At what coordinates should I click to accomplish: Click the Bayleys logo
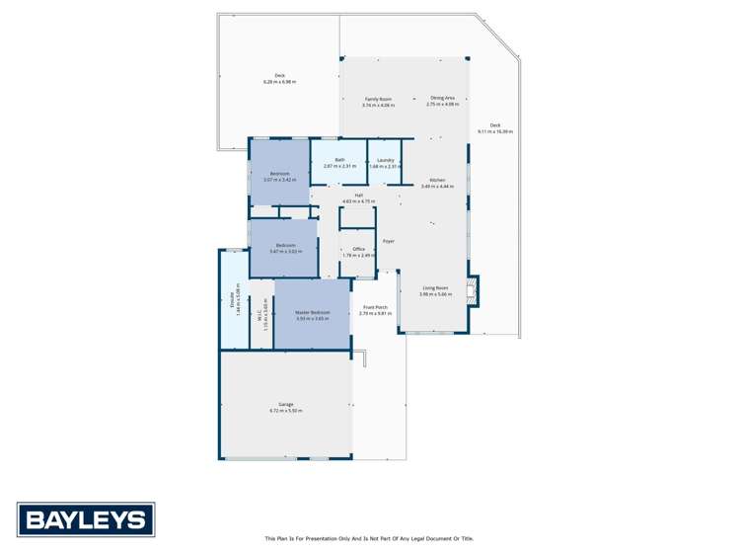pyautogui.click(x=86, y=519)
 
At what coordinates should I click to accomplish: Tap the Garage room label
pyautogui.click(x=286, y=404)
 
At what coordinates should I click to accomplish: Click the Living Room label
pyautogui.click(x=435, y=288)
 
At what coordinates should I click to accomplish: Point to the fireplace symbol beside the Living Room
pyautogui.click(x=473, y=288)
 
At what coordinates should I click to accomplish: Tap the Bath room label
pyautogui.click(x=339, y=160)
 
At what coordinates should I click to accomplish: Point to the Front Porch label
pyautogui.click(x=374, y=308)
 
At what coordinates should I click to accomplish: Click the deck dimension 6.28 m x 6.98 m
pyautogui.click(x=280, y=81)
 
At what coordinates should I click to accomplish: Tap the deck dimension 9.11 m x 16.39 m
pyautogui.click(x=495, y=131)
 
